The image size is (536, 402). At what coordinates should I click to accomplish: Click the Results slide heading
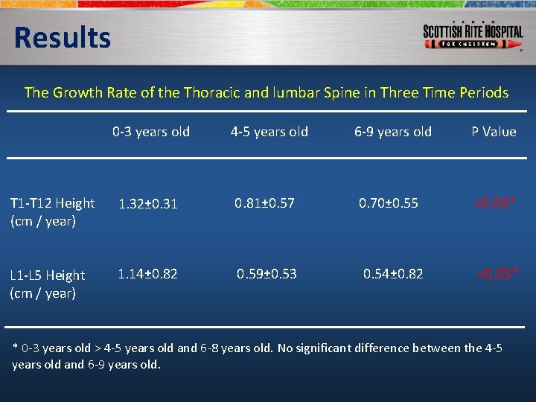pos(62,37)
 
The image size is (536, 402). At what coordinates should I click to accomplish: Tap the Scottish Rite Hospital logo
pos(473,34)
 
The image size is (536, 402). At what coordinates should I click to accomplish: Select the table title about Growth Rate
pos(267,93)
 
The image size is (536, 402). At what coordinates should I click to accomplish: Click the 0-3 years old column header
pos(151,132)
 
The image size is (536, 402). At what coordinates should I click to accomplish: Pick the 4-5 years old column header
pos(269,132)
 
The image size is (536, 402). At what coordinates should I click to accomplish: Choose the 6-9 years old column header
pos(392,132)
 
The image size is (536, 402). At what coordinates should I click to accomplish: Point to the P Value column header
pos(493,132)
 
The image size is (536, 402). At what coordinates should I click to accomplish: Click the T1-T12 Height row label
pos(51,212)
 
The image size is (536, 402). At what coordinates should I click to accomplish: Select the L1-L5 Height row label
pos(47,284)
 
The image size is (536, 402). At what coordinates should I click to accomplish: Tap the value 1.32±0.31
pos(147,204)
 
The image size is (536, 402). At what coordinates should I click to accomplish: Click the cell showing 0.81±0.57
pos(264,202)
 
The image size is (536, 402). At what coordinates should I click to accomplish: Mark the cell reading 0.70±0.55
pos(388,202)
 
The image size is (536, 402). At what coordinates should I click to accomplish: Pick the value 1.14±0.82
pos(147,274)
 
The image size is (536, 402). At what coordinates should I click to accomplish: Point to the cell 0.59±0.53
pos(267,274)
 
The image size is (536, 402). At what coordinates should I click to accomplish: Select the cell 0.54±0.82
pos(392,274)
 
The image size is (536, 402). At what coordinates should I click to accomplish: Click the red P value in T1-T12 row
pos(495,202)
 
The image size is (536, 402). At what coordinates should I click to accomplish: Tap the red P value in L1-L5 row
pos(497,274)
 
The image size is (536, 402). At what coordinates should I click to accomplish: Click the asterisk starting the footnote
pos(16,348)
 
